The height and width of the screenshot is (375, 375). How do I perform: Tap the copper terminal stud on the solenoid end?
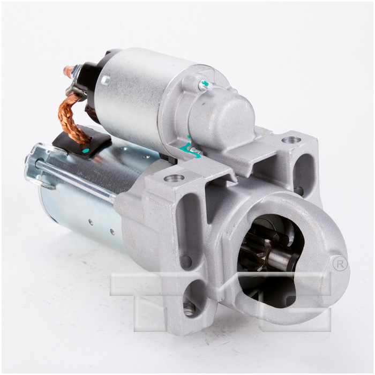tap(69, 71)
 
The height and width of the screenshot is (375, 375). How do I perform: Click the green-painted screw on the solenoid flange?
tap(203, 85)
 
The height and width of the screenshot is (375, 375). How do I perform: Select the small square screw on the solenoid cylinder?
tap(106, 80)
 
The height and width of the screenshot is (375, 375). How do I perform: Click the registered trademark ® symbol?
tap(339, 264)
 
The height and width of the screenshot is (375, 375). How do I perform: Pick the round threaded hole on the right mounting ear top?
tap(291, 140)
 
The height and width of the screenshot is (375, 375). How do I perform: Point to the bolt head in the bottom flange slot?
tap(189, 307)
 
